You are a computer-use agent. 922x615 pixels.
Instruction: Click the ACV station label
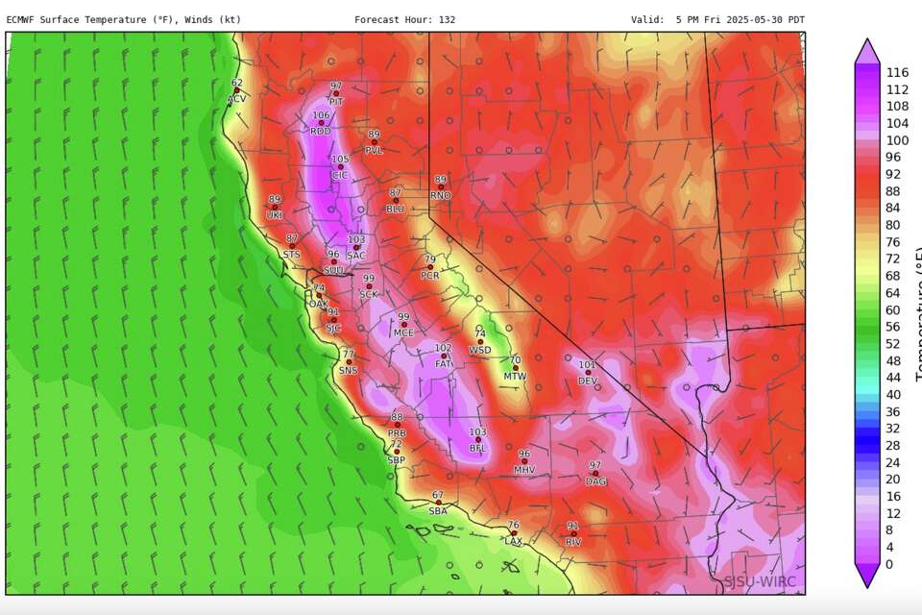[x=236, y=100]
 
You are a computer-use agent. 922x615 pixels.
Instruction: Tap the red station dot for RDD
[x=321, y=122]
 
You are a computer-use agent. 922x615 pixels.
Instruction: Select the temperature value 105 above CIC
[x=340, y=160]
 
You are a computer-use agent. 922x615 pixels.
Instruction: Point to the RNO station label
[x=440, y=196]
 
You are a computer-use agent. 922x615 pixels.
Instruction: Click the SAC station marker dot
[x=356, y=247]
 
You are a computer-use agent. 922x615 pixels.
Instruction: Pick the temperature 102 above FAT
[x=443, y=348]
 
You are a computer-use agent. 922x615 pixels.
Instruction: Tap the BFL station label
[x=477, y=449]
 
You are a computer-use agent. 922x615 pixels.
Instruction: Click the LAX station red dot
[x=514, y=533]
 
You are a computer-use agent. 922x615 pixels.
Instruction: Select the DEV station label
[x=588, y=381]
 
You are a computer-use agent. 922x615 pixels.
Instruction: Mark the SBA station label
[x=438, y=511]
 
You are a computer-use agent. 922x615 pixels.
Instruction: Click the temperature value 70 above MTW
[x=515, y=360]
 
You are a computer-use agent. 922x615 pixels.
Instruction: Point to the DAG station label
[x=595, y=482]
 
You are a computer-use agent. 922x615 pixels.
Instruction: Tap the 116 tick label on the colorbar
[x=897, y=72]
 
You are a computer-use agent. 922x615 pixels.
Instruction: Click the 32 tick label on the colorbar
[x=893, y=429]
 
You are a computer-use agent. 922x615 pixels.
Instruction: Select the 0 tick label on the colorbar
[x=889, y=564]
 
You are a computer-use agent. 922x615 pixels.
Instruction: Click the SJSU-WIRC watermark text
[x=760, y=581]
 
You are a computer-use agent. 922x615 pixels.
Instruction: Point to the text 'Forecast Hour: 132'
[x=404, y=19]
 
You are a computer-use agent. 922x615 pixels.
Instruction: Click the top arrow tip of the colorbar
[x=867, y=41]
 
